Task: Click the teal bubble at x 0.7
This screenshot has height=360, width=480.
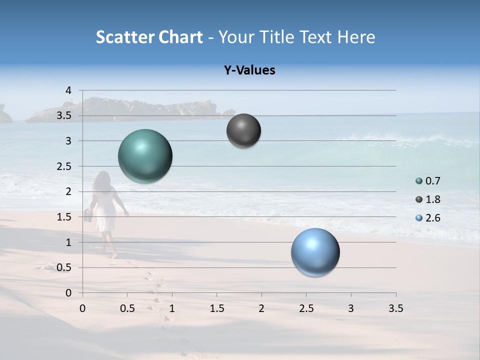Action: click(145, 156)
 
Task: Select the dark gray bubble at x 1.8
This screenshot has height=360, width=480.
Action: click(243, 130)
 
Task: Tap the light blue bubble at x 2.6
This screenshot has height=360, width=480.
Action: click(315, 252)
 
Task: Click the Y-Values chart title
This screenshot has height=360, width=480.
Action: click(249, 70)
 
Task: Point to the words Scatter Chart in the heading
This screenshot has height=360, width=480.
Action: click(149, 37)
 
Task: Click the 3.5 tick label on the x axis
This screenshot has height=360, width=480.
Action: click(395, 308)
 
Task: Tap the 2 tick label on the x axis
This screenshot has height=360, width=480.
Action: click(261, 308)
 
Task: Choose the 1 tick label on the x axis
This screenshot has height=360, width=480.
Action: click(172, 308)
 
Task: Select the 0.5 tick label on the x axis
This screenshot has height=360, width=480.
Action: click(127, 308)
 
